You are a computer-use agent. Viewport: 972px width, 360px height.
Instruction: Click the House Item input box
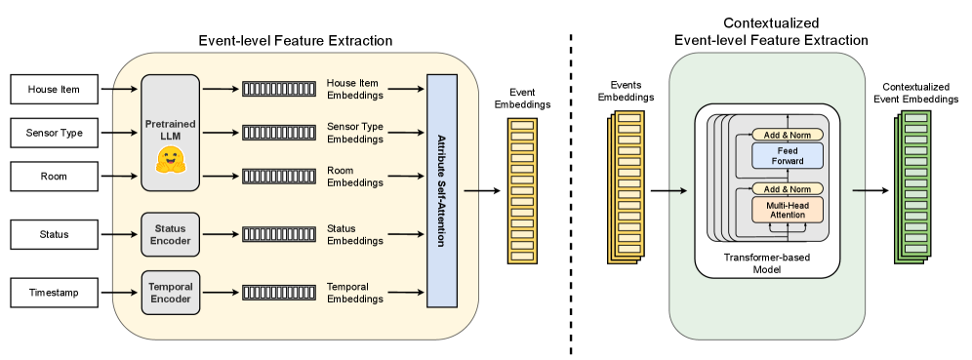tap(54, 90)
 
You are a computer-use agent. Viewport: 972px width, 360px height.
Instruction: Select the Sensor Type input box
tap(54, 132)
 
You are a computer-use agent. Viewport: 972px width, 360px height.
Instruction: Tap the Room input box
tap(54, 176)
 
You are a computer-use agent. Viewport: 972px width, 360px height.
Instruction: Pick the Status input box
tap(54, 234)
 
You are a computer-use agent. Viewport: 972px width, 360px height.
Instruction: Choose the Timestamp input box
tap(54, 292)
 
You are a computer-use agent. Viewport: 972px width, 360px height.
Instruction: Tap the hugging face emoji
tap(171, 162)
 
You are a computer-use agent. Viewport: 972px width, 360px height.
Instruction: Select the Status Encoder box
tap(171, 234)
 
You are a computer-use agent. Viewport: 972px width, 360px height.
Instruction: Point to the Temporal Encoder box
tap(171, 293)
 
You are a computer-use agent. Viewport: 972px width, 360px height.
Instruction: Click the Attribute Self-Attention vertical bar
tap(442, 190)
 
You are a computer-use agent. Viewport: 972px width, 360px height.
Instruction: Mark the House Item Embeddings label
tap(354, 90)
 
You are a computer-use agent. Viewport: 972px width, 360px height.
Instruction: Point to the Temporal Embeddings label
tap(354, 293)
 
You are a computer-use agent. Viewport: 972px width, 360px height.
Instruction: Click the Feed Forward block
tap(788, 155)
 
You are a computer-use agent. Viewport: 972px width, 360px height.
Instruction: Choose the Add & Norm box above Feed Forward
tap(788, 134)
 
